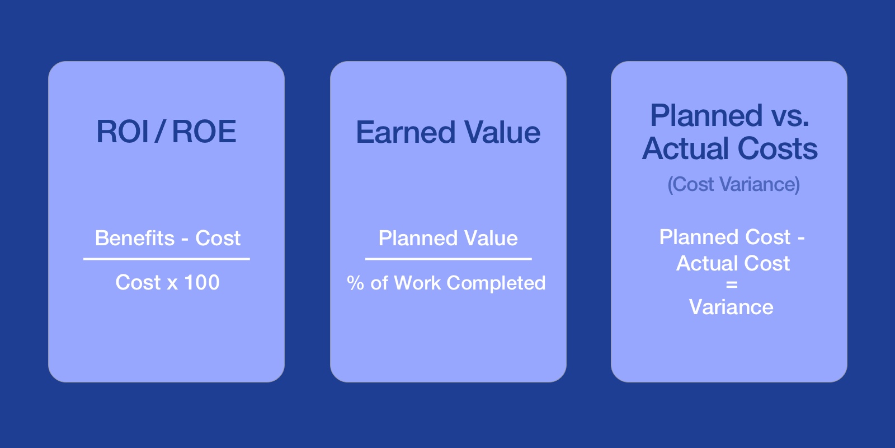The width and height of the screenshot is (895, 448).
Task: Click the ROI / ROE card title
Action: tap(166, 131)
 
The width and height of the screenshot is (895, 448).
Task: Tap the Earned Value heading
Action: tap(448, 132)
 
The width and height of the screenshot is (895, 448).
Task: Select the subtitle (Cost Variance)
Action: tap(733, 184)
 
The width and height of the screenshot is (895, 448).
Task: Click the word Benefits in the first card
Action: tap(135, 238)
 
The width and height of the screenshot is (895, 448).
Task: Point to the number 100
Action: tap(202, 282)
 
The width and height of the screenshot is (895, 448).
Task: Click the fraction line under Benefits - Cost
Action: tap(167, 259)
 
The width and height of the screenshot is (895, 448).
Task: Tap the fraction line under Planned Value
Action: tap(448, 259)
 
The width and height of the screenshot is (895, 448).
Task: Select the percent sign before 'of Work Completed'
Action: tap(355, 283)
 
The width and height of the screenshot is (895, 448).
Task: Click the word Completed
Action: tap(496, 283)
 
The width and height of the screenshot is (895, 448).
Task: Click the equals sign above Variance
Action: tap(732, 285)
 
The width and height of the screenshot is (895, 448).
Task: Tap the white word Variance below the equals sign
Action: tap(731, 307)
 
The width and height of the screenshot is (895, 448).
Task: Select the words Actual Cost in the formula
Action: tap(733, 263)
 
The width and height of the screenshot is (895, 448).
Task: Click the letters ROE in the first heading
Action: tap(205, 131)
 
